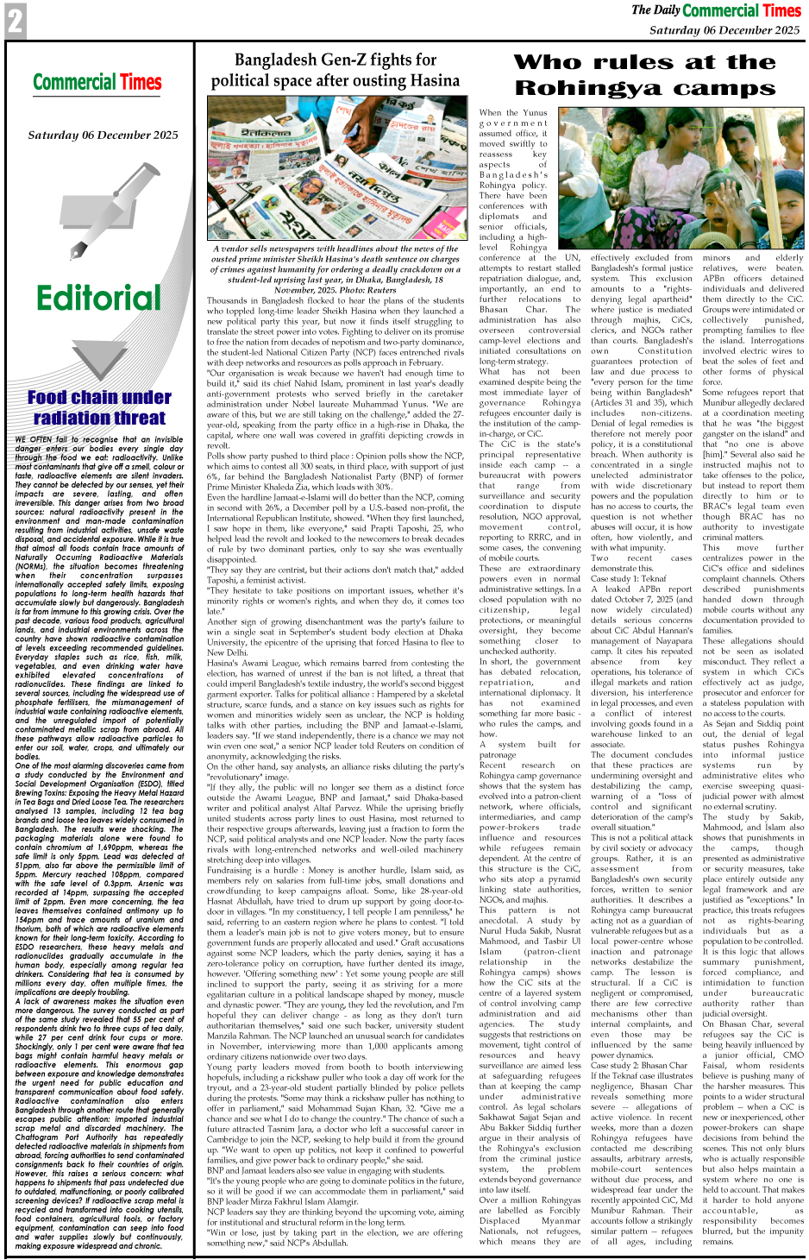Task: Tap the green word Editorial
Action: (x=98, y=298)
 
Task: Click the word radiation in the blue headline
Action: (x=74, y=418)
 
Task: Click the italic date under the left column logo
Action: (x=103, y=135)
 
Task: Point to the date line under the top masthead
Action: (x=724, y=30)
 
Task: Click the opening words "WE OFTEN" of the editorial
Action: (x=35, y=439)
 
